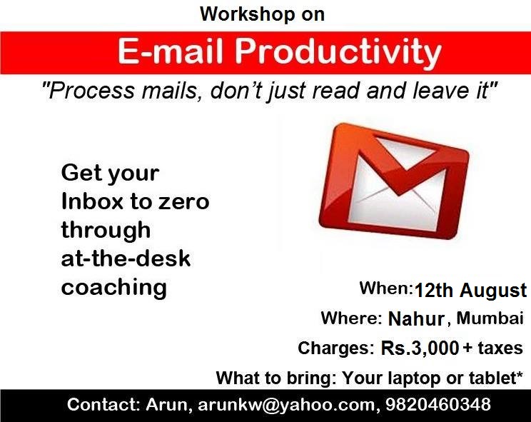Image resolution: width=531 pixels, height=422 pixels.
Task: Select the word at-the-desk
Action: tap(126, 258)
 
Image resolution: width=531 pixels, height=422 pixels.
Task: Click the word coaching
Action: tap(113, 287)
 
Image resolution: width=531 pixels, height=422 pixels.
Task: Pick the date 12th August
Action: tap(470, 291)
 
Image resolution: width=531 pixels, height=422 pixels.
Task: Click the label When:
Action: tap(386, 289)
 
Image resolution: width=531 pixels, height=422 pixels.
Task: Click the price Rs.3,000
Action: tap(419, 348)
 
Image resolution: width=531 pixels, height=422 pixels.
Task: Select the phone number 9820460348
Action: tap(437, 405)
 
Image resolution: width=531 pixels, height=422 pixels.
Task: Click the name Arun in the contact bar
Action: tap(164, 405)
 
